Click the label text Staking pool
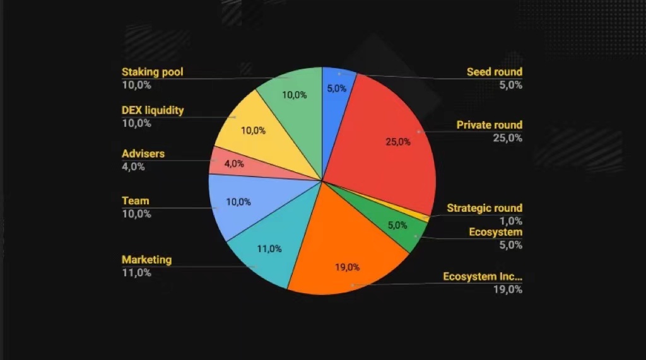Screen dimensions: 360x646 coord(152,72)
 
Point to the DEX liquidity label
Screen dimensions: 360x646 coord(153,110)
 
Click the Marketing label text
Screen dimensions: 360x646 coord(146,260)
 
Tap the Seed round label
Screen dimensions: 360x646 coord(494,72)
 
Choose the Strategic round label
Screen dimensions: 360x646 coord(484,208)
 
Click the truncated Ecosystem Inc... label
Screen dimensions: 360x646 coord(483,277)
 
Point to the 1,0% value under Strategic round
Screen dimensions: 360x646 coord(511,221)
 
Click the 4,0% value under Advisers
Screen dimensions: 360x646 coord(133,166)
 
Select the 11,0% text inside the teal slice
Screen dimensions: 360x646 coord(269,248)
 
